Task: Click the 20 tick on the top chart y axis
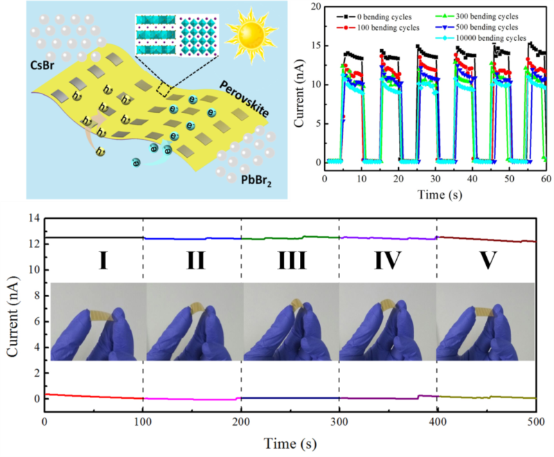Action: (x=315, y=6)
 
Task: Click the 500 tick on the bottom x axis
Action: (x=534, y=421)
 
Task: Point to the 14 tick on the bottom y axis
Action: (x=33, y=218)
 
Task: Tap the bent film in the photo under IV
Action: (x=393, y=307)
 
